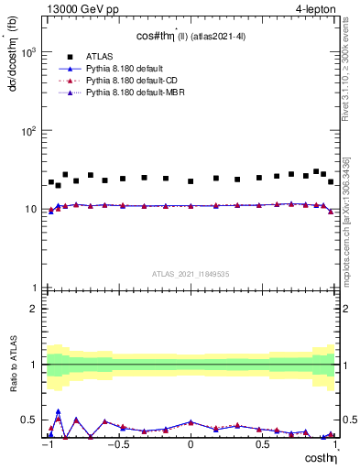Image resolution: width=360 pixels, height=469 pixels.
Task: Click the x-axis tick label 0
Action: coord(191,444)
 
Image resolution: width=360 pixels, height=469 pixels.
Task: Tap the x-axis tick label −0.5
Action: coord(117,444)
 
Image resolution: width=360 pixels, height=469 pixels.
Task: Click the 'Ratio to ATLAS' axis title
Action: coord(14,365)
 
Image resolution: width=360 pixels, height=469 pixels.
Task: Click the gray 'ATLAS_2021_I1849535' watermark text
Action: coord(191,274)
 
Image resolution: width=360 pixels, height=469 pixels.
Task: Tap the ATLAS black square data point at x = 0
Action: coord(191,181)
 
